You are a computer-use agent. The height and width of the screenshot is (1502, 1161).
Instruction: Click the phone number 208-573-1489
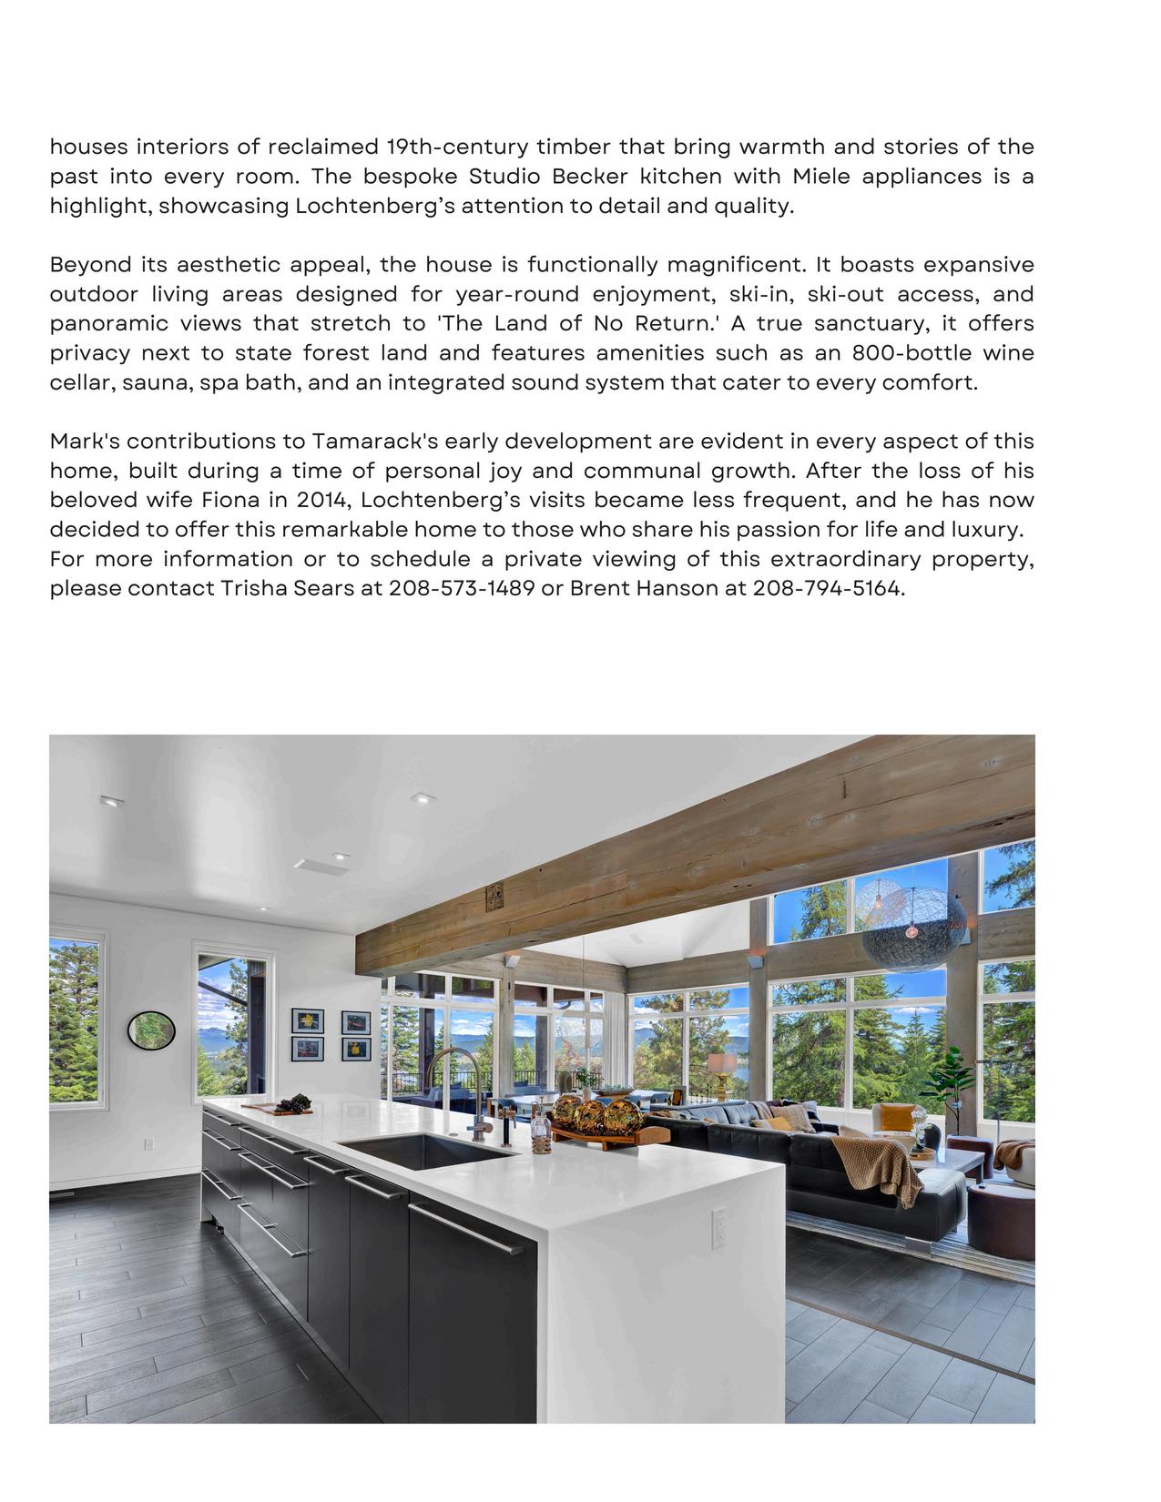(x=462, y=589)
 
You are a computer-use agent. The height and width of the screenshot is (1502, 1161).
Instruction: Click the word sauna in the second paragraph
(x=154, y=383)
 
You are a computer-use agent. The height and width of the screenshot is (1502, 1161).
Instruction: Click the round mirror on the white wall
(x=151, y=1030)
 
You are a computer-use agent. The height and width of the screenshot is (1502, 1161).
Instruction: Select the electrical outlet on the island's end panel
(x=718, y=1228)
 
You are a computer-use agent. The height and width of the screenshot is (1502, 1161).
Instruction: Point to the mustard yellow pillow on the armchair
(x=897, y=1116)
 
